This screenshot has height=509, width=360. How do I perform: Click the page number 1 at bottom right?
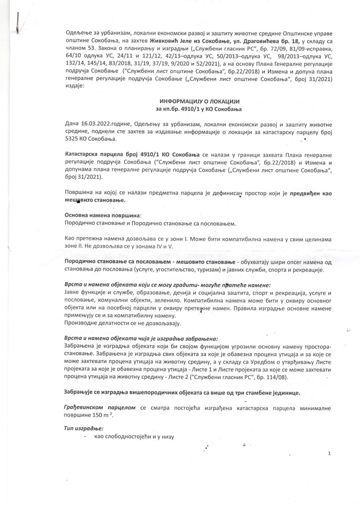(329, 453)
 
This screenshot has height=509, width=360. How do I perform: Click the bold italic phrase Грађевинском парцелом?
(100, 407)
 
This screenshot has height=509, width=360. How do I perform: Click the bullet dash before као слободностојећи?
(86, 437)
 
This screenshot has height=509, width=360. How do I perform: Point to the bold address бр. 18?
(291, 41)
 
